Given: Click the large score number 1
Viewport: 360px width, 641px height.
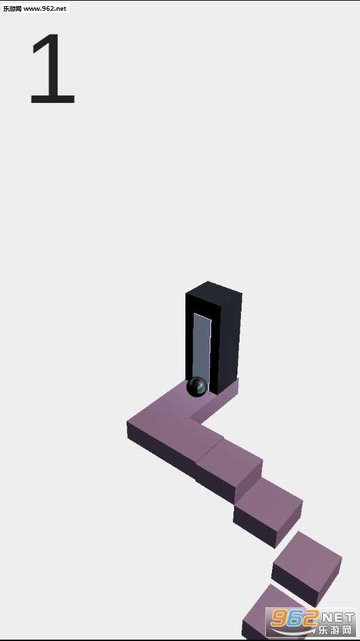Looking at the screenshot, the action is [x=52, y=68].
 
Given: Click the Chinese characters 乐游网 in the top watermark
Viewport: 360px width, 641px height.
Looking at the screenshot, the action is [x=12, y=9].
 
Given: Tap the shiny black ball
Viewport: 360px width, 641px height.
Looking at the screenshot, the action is [x=196, y=386].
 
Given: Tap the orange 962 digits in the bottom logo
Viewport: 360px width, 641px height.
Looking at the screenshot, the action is [x=294, y=617].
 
